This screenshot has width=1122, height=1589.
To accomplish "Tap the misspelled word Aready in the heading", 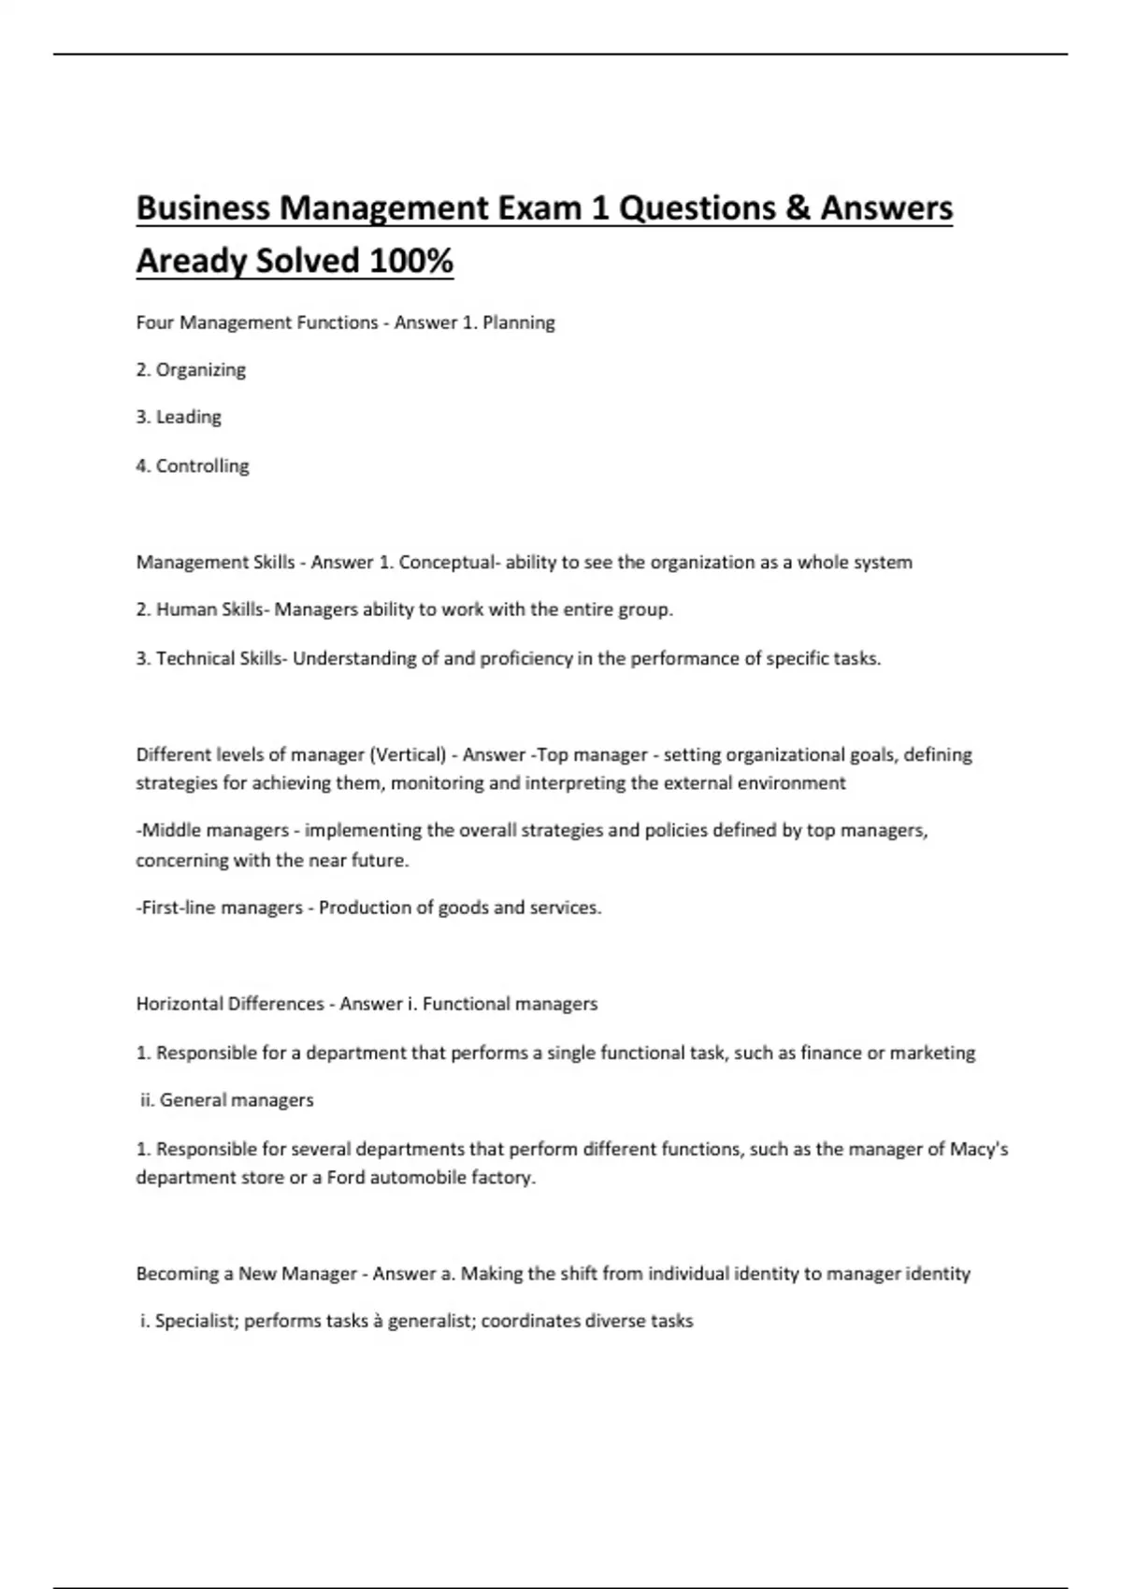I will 192,261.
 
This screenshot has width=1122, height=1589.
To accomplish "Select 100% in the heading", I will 411,261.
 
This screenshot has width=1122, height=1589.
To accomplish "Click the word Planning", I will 519,322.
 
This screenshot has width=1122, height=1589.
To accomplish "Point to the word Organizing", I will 200,370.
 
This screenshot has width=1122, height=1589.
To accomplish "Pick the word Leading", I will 188,417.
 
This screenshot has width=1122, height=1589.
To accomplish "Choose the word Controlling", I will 202,465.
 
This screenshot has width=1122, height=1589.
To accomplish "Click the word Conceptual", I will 446,562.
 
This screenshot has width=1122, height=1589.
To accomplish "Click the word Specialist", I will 195,1321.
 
